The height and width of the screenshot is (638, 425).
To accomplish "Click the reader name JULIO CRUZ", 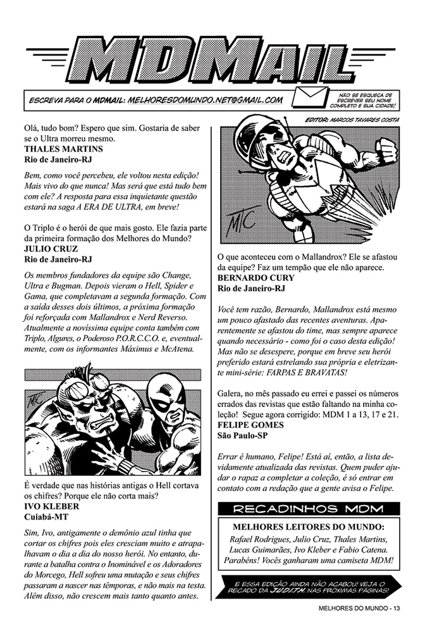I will tap(51, 249).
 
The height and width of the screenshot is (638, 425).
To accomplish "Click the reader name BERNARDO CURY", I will tap(256, 278).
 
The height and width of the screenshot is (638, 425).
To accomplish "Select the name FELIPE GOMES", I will tap(250, 425).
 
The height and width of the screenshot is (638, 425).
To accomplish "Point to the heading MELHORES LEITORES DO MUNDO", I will tap(309, 527).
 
